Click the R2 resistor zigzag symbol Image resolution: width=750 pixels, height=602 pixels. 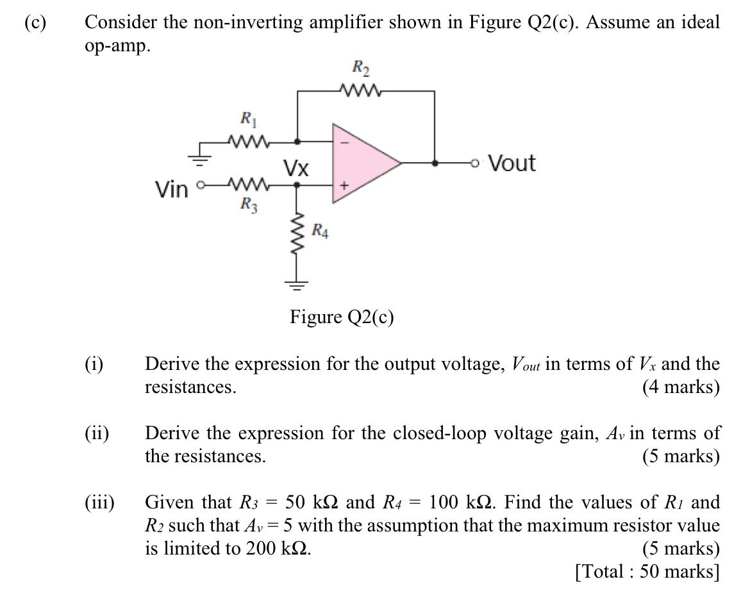pyautogui.click(x=363, y=92)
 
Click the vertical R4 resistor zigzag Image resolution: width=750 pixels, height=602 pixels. pyautogui.click(x=297, y=236)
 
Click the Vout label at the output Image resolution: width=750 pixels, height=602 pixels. pyautogui.click(x=511, y=163)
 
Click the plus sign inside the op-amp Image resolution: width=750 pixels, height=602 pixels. pyautogui.click(x=344, y=185)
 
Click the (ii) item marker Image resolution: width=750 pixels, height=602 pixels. pyautogui.click(x=96, y=433)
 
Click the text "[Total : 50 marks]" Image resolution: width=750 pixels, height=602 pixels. pyautogui.click(x=647, y=571)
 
